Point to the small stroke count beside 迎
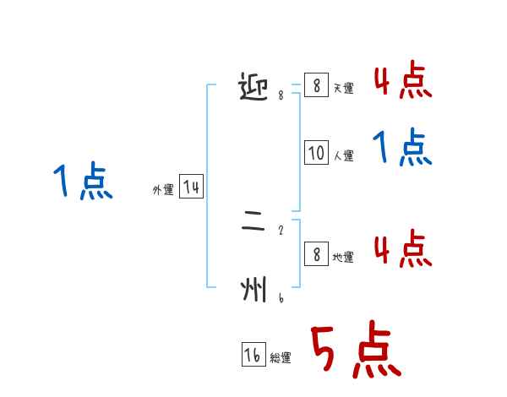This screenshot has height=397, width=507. click(x=281, y=95)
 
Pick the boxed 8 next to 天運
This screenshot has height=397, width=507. click(x=316, y=85)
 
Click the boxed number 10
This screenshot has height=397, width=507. click(x=316, y=153)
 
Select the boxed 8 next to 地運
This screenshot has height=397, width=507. click(x=316, y=254)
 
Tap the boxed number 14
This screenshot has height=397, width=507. click(x=191, y=187)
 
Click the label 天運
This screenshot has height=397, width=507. click(x=343, y=88)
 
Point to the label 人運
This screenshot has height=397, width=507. click(x=343, y=155)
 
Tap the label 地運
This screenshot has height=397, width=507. click(x=343, y=257)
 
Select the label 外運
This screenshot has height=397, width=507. click(x=163, y=190)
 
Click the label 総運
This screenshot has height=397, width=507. click(x=281, y=358)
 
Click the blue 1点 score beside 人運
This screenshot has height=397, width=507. click(x=402, y=149)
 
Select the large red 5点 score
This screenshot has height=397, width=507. click(x=354, y=351)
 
